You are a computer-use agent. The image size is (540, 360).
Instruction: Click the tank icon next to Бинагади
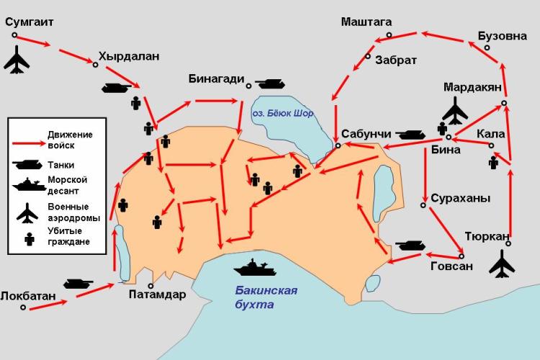267,84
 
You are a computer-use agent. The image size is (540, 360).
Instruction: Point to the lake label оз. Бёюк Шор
283,114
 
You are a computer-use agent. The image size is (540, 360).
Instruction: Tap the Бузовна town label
502,36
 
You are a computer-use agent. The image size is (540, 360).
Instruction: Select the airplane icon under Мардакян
455,112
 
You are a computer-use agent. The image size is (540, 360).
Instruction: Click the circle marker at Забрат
368,56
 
